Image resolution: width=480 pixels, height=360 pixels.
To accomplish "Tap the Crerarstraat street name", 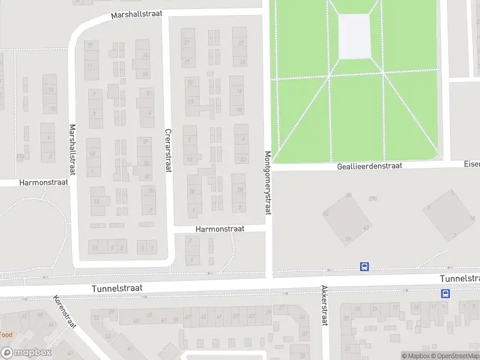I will pos(168,150).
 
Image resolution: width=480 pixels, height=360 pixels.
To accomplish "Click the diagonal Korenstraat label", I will pos(65,311).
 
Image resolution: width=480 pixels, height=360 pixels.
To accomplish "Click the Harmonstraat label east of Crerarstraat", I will pos(220,229).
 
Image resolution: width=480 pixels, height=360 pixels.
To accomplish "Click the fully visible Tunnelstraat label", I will pos(117,289).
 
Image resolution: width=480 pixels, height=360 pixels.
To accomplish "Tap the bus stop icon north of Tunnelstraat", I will pos(364,267).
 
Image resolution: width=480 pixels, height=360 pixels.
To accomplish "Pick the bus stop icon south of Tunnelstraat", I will pos(446,293).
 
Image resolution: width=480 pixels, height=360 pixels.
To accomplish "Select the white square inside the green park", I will pos(355,36).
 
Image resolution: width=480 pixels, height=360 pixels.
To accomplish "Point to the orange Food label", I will pos(6,334).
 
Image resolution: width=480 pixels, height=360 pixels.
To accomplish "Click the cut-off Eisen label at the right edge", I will pos(472,163).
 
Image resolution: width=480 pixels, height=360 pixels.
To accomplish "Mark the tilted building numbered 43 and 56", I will pos(347,220).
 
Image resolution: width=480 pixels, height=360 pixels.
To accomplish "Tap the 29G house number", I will pos(373,199).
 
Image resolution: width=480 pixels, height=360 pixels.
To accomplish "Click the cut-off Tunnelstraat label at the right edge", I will pos(460,279).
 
